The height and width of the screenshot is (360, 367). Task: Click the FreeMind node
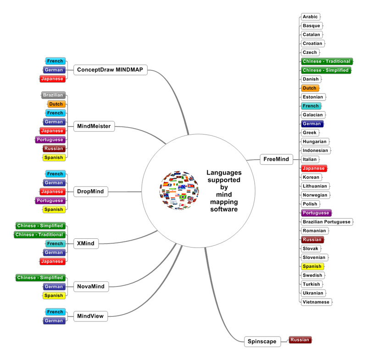(x=276, y=159)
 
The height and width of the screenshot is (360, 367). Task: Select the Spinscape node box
(x=262, y=341)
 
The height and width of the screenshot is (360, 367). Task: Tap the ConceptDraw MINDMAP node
(x=110, y=70)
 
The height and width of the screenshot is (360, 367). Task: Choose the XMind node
(x=86, y=243)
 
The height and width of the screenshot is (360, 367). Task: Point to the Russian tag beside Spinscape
(x=300, y=340)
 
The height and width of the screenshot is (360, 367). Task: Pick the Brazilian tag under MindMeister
(x=53, y=95)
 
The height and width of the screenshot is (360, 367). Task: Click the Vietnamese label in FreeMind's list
(x=316, y=302)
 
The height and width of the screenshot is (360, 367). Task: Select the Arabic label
(x=310, y=17)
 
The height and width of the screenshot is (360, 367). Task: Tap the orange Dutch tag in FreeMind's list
(x=310, y=88)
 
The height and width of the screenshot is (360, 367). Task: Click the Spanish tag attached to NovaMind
(x=54, y=296)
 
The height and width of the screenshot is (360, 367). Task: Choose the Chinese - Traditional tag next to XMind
(x=39, y=235)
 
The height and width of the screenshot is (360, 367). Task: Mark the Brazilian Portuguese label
(x=326, y=222)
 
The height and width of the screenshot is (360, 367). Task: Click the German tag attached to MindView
(x=54, y=321)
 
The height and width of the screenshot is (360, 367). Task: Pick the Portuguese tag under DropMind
(x=50, y=201)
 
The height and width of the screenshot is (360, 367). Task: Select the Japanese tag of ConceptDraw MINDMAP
(x=52, y=79)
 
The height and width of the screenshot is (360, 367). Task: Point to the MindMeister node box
(x=94, y=126)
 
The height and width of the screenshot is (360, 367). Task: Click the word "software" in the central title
(x=224, y=209)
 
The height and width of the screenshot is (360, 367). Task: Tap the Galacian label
(x=313, y=115)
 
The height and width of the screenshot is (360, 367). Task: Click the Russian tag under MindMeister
(x=54, y=149)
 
